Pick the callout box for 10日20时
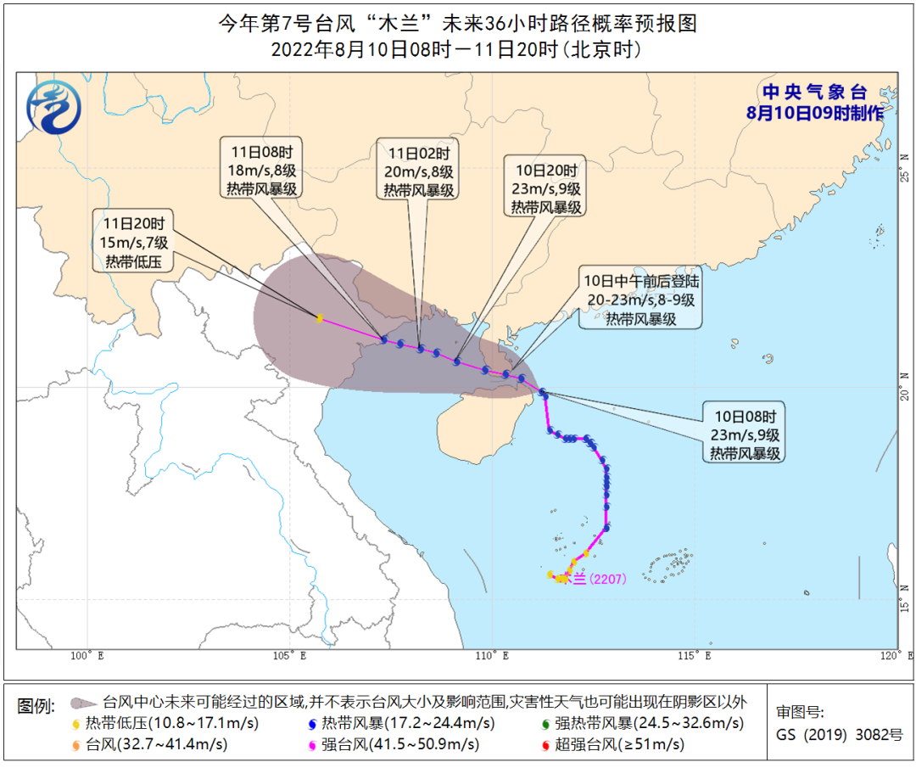click(545, 188)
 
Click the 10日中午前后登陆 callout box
click(640, 300)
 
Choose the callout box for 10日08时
click(745, 434)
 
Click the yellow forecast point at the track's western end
click(319, 318)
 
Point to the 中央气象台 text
click(813, 92)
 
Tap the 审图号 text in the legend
click(799, 713)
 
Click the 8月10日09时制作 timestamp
click(814, 112)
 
